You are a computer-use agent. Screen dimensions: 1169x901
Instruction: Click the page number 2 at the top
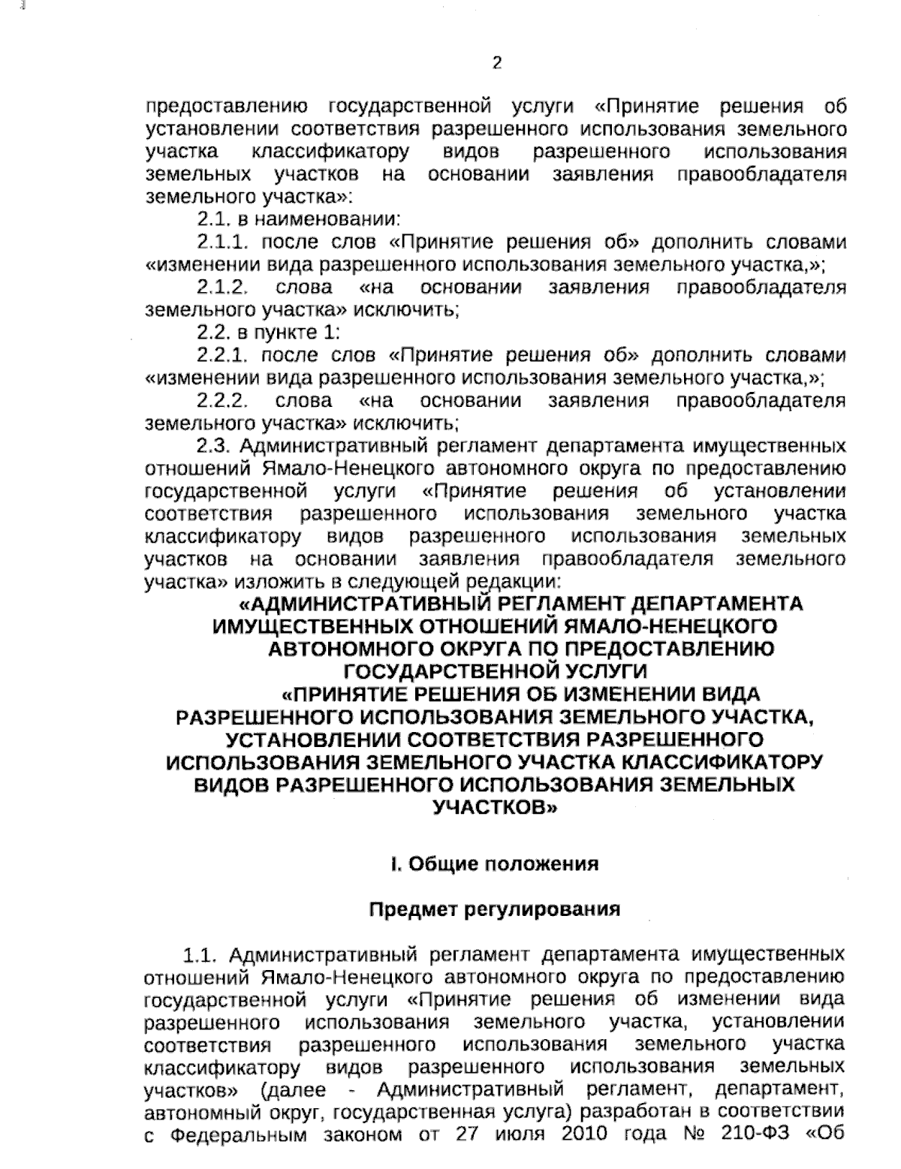496,64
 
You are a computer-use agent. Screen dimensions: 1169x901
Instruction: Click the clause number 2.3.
212,445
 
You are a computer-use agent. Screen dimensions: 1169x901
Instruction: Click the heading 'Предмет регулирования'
495,909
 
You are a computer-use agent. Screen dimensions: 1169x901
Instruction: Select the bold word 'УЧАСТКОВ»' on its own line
496,808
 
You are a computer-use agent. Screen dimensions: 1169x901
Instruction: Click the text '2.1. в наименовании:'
298,220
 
